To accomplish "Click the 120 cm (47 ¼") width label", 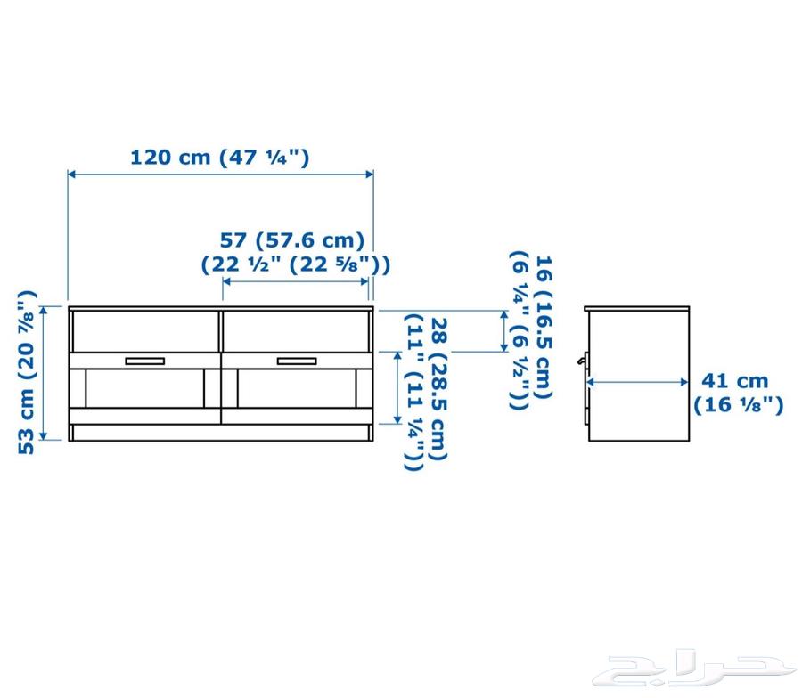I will click(x=219, y=158).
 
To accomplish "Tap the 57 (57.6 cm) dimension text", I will click(x=292, y=239).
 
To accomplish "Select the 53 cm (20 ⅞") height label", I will click(x=28, y=372).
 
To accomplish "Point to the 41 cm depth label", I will click(x=734, y=381).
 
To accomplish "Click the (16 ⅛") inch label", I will click(x=739, y=405).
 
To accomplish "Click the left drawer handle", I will click(x=145, y=361).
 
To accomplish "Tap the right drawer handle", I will click(x=297, y=361).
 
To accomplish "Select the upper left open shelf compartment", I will click(x=144, y=331).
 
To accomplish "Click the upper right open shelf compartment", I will click(x=296, y=331).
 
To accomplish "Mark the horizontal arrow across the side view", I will click(x=637, y=382).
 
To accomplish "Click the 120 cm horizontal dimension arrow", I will click(x=220, y=174).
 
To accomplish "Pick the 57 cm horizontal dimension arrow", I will click(x=295, y=281).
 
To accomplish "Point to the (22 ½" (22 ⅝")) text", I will click(x=295, y=264).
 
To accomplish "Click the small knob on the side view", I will click(x=582, y=361).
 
